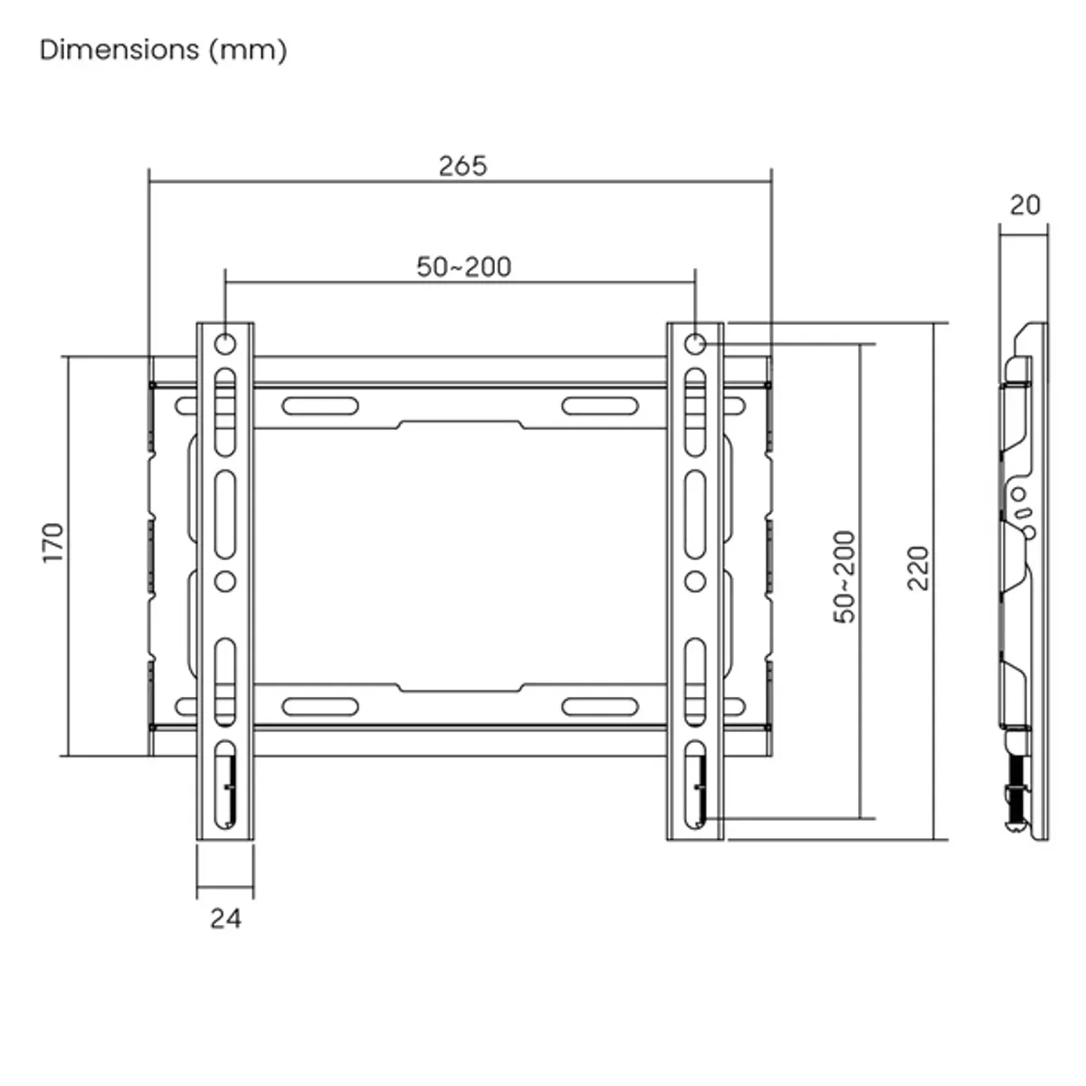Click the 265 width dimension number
(462, 166)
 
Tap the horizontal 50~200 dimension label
(463, 267)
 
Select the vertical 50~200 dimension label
(843, 576)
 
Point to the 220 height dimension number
(918, 568)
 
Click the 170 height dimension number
(53, 543)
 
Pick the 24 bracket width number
(225, 918)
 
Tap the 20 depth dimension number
(1024, 205)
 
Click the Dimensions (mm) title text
(163, 50)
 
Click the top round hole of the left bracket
(224, 344)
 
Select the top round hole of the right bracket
(695, 344)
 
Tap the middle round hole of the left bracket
(224, 580)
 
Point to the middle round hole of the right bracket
(695, 580)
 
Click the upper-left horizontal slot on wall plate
(320, 405)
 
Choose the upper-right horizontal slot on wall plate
(600, 405)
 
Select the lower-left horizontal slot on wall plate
(320, 706)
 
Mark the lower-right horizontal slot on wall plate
(600, 706)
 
